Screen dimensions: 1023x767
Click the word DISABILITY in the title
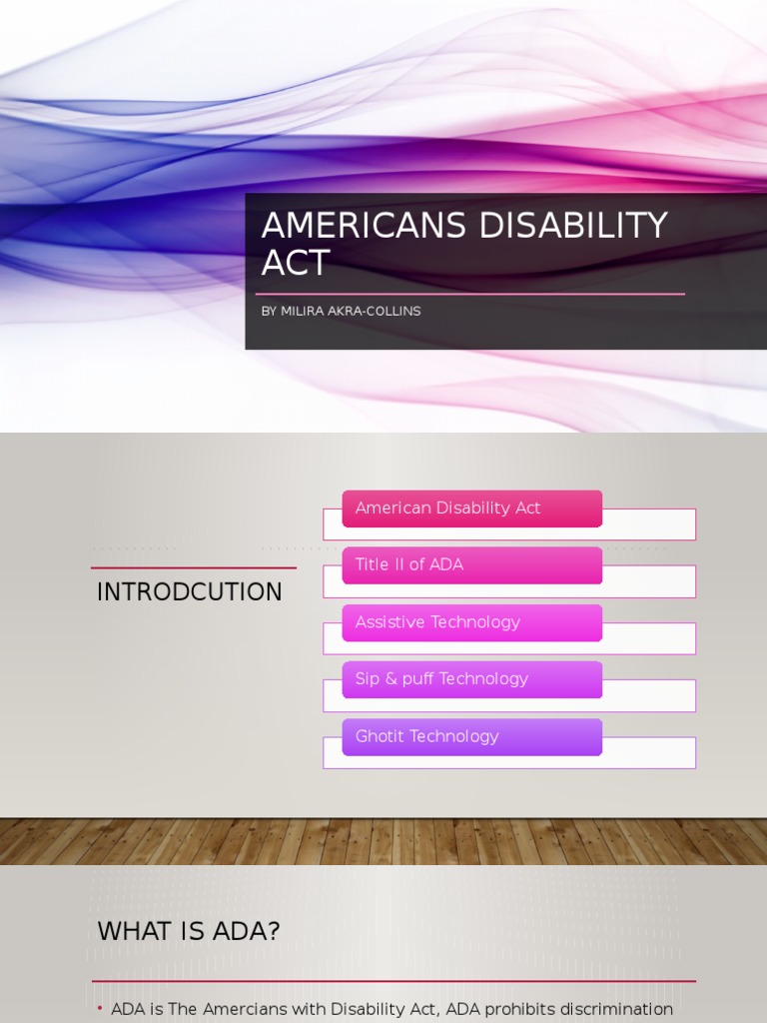[573, 227]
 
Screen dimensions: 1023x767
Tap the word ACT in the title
[295, 264]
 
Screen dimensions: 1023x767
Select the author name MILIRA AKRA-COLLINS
[351, 311]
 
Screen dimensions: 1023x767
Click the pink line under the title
[469, 294]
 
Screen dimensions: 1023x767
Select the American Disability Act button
[471, 509]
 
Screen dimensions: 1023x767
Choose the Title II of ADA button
[471, 565]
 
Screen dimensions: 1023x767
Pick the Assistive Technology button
[471, 622]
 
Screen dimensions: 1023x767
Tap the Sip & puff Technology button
[471, 679]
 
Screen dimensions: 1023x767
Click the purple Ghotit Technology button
[471, 736]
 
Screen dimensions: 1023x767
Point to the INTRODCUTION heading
[190, 592]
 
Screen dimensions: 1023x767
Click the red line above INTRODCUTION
[193, 567]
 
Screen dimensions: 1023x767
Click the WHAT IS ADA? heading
[188, 931]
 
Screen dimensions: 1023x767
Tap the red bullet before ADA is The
[101, 1009]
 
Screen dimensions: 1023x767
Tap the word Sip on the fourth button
[368, 679]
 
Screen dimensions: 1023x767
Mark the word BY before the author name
[269, 311]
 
